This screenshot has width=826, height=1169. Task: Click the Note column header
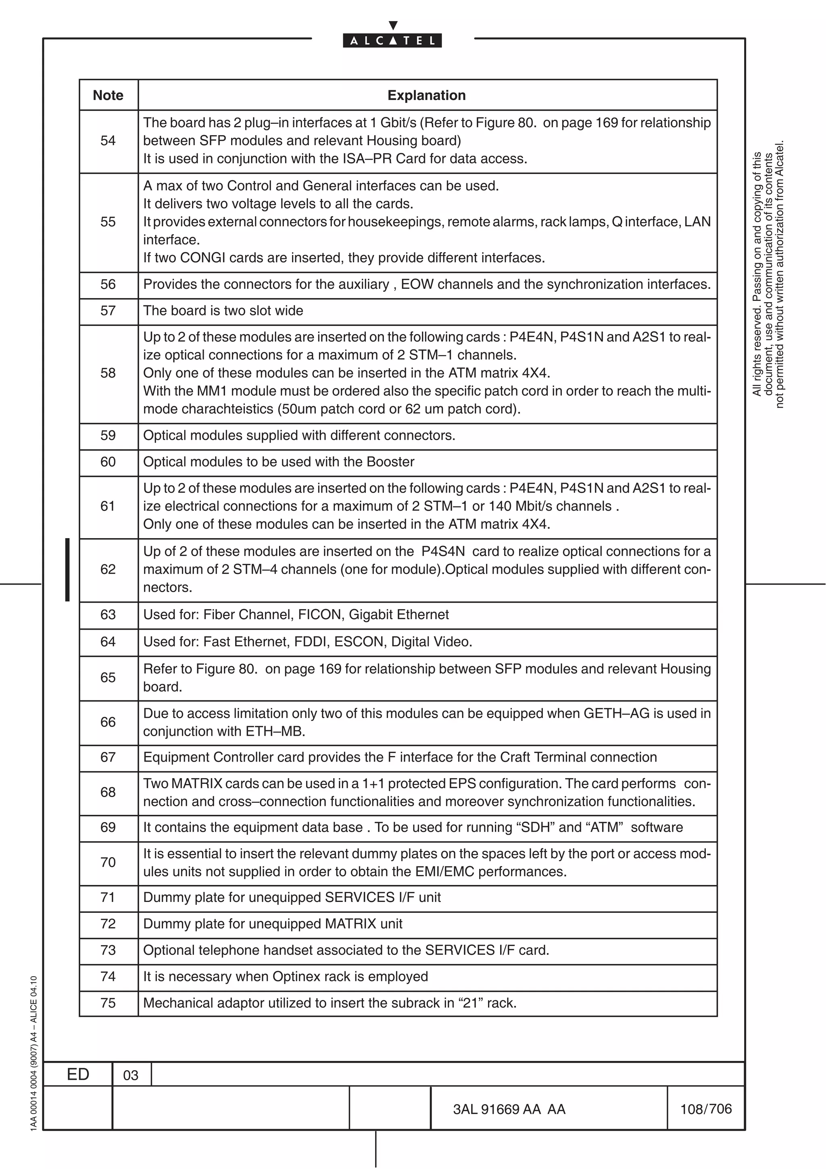pos(108,95)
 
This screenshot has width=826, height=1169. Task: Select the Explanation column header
pos(426,95)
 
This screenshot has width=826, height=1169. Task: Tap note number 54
pos(108,140)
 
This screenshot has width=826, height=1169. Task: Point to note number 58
pos(108,373)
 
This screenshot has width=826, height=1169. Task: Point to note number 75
pos(108,1003)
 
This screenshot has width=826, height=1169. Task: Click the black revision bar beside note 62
pos(67,569)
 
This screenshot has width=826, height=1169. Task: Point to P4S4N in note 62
pos(443,551)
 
